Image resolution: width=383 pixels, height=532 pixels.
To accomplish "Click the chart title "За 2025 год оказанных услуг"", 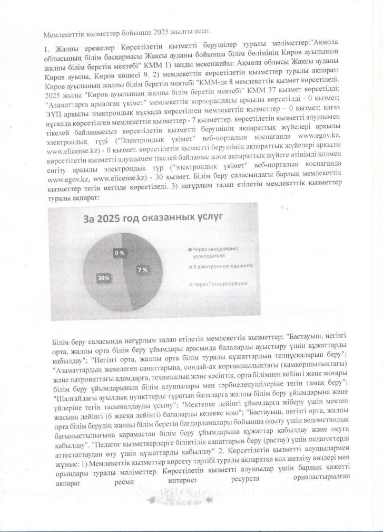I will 134,216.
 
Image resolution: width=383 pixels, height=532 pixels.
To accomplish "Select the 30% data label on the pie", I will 103,276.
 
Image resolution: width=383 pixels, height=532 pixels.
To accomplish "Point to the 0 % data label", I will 120,253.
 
